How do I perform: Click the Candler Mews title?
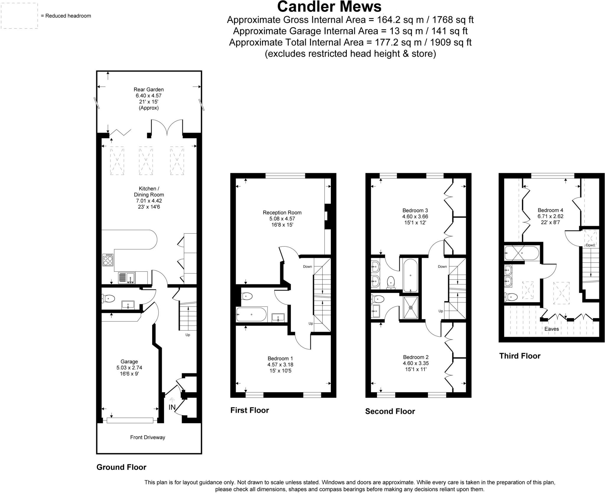(329, 7)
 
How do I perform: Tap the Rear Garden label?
(149, 90)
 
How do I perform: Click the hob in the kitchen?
(108, 260)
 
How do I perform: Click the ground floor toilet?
(108, 299)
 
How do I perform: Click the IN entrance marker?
(172, 407)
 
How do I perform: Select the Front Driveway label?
(147, 437)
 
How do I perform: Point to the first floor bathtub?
(251, 315)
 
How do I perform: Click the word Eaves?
(552, 329)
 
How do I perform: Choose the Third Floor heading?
(520, 356)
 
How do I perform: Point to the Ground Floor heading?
(121, 467)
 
